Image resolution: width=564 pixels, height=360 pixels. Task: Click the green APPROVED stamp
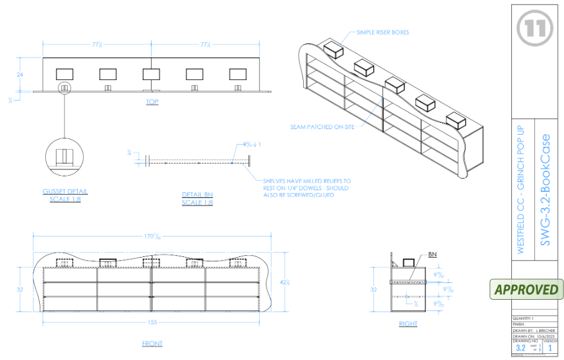[525, 289]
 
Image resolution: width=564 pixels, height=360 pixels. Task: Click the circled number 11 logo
[535, 30]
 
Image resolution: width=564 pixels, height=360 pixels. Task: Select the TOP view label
[152, 102]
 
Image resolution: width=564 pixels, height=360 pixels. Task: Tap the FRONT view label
[152, 343]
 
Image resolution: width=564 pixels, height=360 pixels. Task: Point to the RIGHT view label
[408, 324]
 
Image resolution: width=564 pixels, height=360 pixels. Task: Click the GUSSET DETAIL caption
[65, 196]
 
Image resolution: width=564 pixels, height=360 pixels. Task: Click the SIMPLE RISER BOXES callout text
[383, 32]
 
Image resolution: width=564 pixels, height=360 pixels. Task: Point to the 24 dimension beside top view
[21, 73]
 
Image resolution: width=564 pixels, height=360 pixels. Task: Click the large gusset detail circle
[65, 155]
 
